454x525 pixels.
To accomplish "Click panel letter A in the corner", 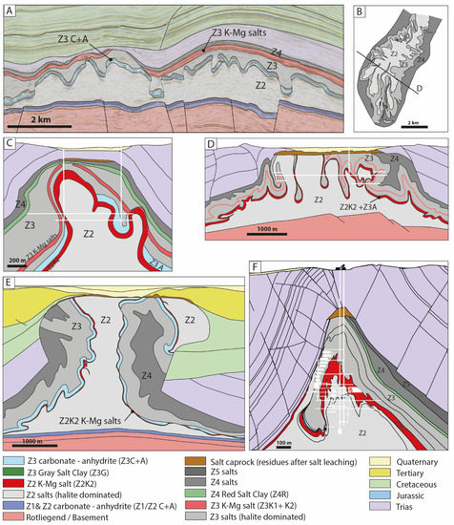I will [10, 12].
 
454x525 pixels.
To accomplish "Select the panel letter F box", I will [254, 282].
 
